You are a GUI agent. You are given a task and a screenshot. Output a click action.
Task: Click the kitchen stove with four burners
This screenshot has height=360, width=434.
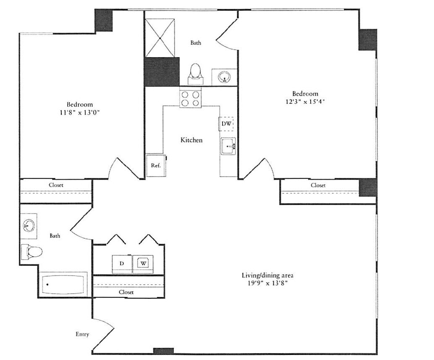190,99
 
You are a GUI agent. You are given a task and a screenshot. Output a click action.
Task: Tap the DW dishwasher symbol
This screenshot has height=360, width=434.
226,124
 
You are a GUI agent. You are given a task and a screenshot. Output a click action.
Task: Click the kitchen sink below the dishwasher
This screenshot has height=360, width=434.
228,146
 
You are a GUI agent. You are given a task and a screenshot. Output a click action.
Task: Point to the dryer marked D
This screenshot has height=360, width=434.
122,263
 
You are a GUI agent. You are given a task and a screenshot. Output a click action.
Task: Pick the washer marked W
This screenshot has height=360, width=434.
144,263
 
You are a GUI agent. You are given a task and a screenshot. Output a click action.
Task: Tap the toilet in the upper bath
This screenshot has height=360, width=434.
195,72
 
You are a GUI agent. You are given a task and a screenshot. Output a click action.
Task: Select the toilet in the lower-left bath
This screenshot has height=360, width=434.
33,251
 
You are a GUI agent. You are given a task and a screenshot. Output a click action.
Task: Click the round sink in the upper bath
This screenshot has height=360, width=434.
225,77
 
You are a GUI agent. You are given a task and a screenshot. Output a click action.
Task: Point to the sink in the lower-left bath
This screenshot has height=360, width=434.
29,225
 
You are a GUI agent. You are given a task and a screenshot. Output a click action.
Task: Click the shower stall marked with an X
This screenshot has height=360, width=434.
160,38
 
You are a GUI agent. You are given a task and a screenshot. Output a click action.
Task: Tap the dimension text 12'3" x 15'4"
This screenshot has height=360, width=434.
305,101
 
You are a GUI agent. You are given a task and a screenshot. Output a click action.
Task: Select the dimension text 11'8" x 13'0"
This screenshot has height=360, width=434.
80,112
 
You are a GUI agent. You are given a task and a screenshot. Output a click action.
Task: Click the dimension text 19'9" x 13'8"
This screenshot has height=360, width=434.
267,283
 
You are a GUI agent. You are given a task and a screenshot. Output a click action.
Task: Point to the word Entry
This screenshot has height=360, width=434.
82,334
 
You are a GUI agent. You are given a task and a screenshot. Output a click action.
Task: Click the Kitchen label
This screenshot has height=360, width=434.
191,140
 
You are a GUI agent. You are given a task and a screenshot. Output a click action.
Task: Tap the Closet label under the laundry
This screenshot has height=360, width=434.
126,292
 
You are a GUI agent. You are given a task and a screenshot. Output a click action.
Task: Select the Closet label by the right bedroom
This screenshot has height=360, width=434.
318,185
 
